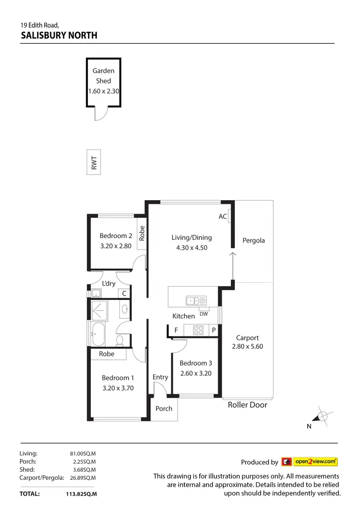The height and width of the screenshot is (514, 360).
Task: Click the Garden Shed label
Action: [x=103, y=76]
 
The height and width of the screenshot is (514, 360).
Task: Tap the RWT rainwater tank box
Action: [x=94, y=163]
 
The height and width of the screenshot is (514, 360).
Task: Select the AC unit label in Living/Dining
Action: [x=223, y=216]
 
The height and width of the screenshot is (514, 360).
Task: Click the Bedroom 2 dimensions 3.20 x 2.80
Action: [x=116, y=246]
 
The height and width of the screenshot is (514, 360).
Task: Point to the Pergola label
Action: [x=253, y=240]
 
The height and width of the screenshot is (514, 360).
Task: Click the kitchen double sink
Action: [x=196, y=301]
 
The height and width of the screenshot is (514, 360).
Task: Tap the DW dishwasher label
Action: [x=204, y=314]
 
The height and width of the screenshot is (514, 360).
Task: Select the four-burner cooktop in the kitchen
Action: [x=198, y=330]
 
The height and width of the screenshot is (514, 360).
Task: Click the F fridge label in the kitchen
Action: [x=176, y=330]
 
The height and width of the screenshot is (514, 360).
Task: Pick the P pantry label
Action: [x=214, y=330]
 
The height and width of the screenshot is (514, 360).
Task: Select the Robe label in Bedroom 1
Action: [x=107, y=354]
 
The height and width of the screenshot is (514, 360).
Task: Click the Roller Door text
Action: [x=247, y=405]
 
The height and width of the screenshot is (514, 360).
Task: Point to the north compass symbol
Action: [x=323, y=416]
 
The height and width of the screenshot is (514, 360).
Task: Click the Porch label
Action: [x=164, y=409]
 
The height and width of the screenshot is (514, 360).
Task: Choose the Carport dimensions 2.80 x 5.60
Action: [x=247, y=346]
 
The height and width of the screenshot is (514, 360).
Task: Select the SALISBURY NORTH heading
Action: [x=59, y=35]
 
